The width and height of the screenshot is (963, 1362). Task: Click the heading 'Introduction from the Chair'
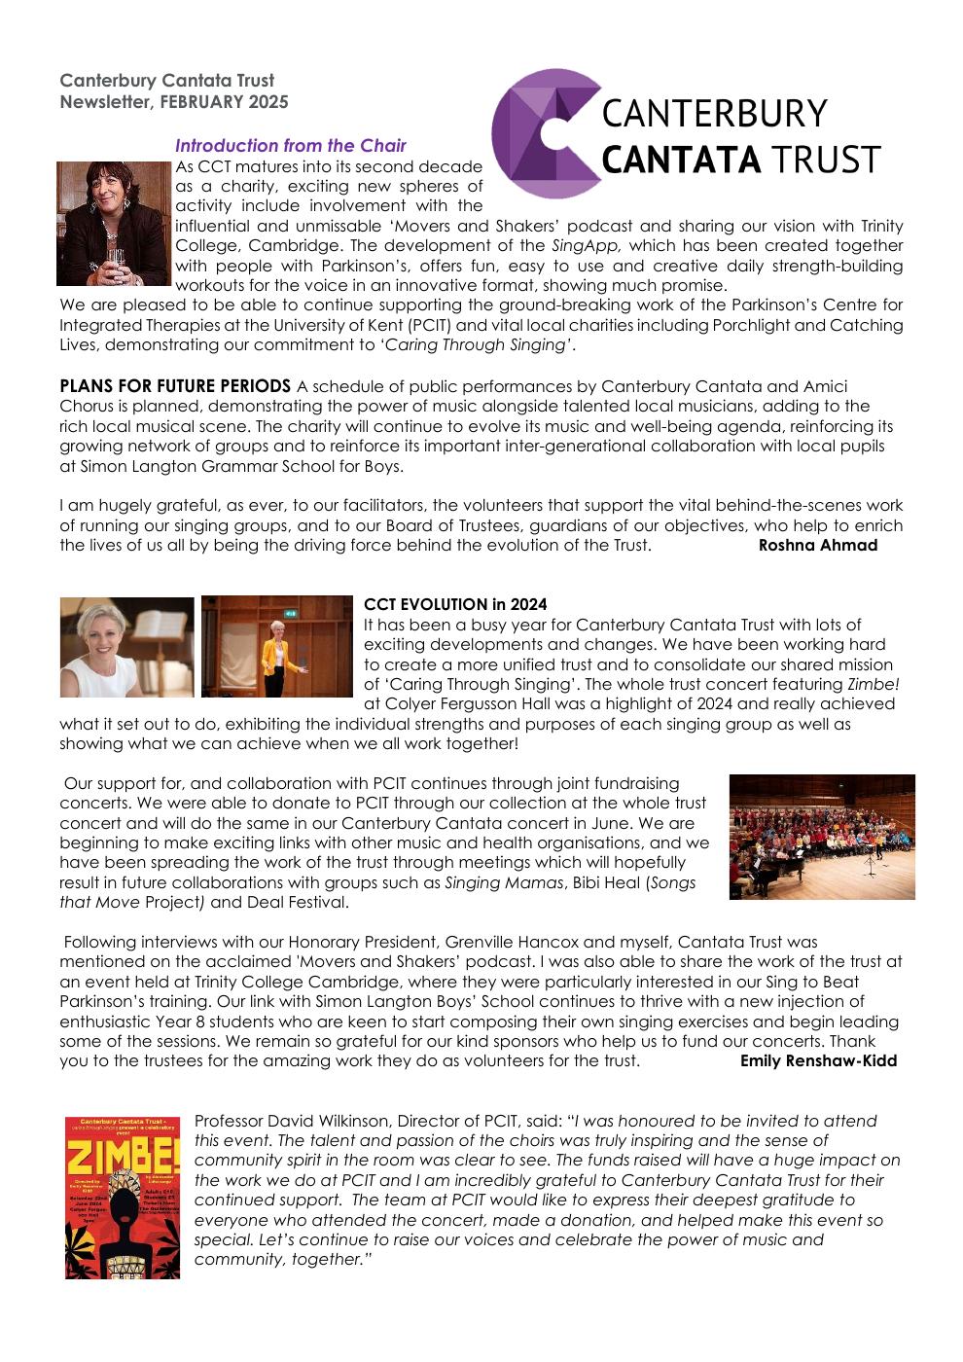(x=290, y=146)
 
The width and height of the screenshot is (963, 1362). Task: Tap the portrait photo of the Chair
(x=114, y=223)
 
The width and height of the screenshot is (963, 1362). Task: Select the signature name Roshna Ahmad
(x=817, y=545)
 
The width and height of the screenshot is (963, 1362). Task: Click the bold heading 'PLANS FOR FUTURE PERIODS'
(x=175, y=386)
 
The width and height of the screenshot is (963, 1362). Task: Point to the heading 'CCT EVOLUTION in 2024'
(x=455, y=605)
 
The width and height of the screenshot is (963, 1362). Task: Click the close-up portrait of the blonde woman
(x=126, y=647)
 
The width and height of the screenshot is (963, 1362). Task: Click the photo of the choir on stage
(x=821, y=837)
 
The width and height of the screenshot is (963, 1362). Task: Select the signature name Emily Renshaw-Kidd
(x=818, y=1060)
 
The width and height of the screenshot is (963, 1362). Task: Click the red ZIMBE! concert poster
(x=123, y=1198)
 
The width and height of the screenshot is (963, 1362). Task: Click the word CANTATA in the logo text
(x=681, y=159)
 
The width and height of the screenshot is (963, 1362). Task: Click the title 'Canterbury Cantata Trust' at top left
(x=167, y=81)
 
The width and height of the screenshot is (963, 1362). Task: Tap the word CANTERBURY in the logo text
(x=714, y=114)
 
